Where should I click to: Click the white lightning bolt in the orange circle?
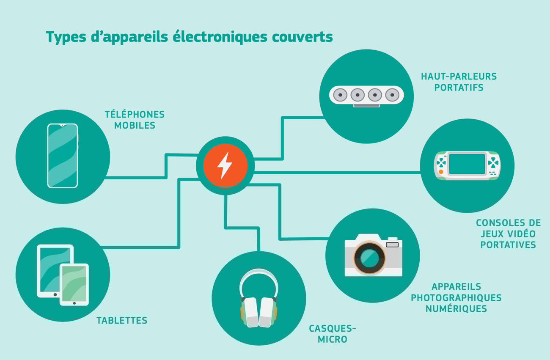[225, 165]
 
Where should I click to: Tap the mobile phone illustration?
[63, 156]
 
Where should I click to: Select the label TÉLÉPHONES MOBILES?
[135, 120]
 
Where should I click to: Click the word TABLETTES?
[122, 320]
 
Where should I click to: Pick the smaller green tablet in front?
[74, 284]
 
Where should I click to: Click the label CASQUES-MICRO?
[332, 334]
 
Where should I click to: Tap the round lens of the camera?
[370, 258]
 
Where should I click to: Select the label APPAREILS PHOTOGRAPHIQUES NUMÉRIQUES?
[456, 297]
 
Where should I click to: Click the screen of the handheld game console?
[467, 164]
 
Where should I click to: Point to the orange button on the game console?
[441, 172]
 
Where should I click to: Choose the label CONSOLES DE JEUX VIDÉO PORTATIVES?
[508, 234]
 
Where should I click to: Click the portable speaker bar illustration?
[366, 96]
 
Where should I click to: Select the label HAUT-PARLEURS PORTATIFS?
[459, 82]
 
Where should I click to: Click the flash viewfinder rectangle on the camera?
[392, 245]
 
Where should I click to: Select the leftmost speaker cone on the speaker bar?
[340, 95]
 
